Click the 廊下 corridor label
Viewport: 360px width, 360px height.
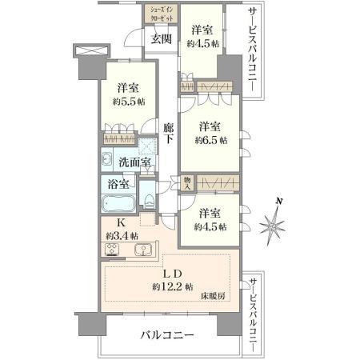[169, 133]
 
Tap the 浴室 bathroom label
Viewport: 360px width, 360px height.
[116, 185]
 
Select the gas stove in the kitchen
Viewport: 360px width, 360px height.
[112, 251]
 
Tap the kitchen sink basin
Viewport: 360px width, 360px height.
[144, 251]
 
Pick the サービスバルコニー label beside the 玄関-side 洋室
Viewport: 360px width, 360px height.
[253, 50]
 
